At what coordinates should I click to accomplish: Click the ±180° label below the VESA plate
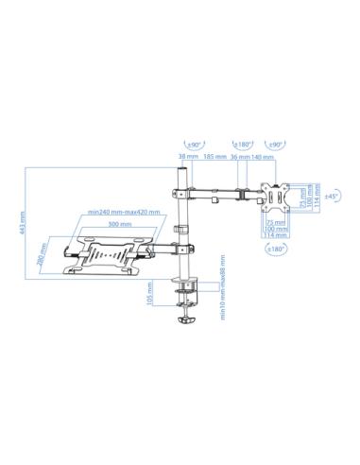[277, 249]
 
